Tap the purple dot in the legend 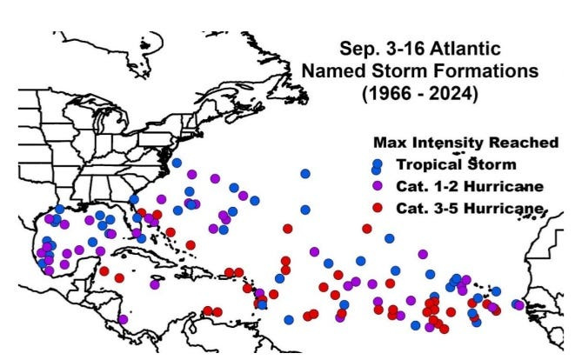coord(377,185)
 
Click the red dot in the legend coord(377,207)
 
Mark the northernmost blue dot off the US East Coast coord(177,163)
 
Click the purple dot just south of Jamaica coord(154,283)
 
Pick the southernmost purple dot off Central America coord(124,319)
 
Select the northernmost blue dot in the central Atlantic coord(305,174)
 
